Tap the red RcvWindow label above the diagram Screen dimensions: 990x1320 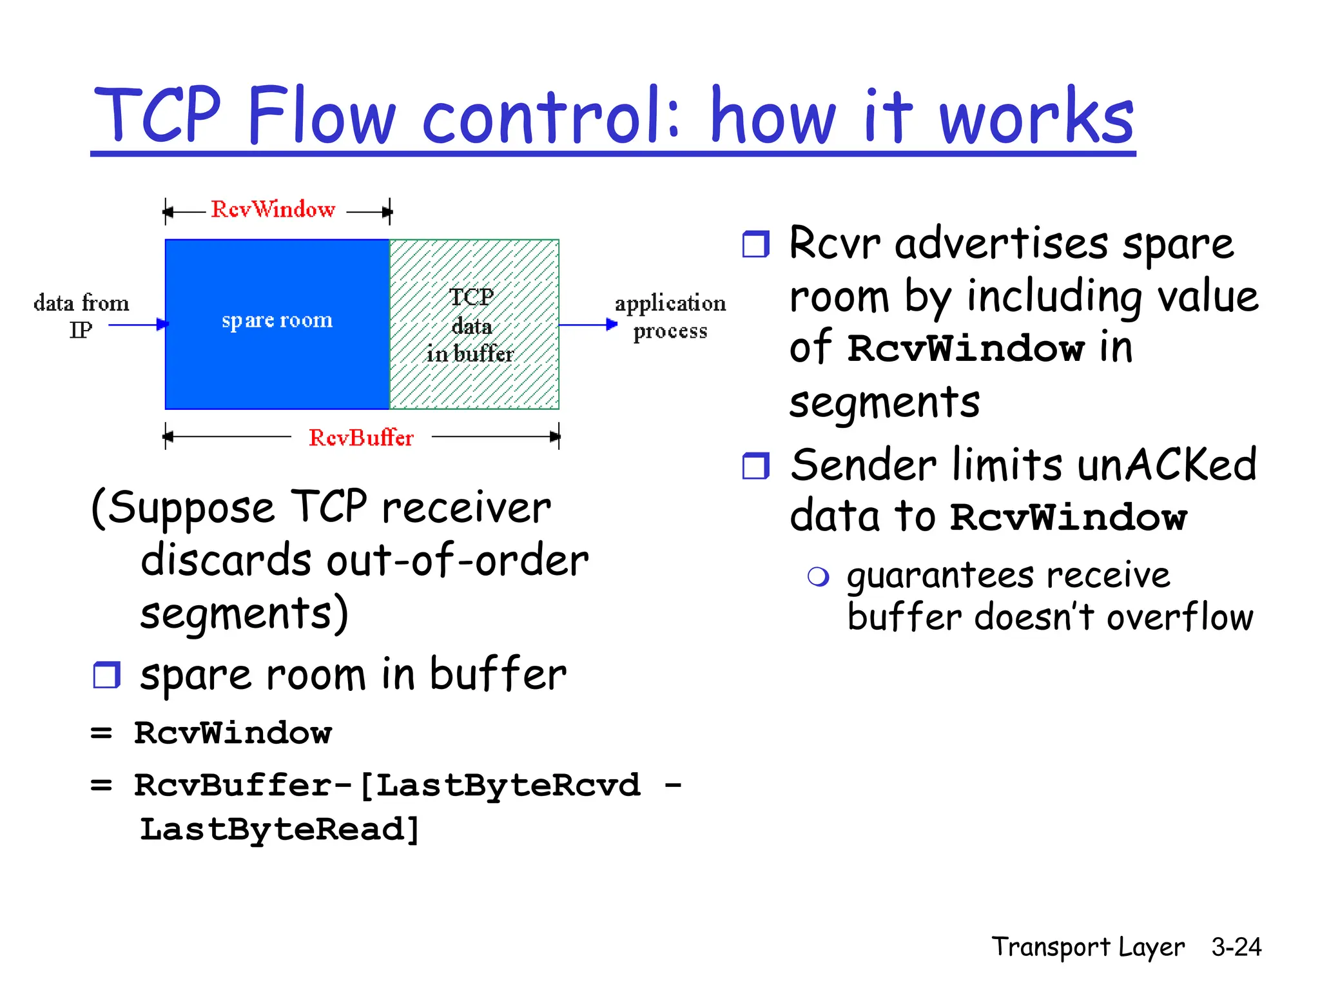273,209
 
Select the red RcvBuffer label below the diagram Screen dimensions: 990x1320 361,438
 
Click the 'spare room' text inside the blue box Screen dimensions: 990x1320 277,320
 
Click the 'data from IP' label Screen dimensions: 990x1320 81,316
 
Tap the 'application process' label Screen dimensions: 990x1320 670,316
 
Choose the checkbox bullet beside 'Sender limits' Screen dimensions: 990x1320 755,466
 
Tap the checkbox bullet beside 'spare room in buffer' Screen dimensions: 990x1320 106,675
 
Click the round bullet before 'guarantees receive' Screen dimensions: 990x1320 818,576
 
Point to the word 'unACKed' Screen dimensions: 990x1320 1167,465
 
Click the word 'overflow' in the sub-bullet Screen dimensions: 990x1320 1180,617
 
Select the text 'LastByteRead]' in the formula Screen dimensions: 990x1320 280,830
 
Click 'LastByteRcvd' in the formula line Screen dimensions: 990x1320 508,786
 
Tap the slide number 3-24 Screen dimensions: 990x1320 1236,947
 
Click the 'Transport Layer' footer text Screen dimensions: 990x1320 1088,947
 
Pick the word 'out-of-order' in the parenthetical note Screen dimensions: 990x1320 458,560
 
